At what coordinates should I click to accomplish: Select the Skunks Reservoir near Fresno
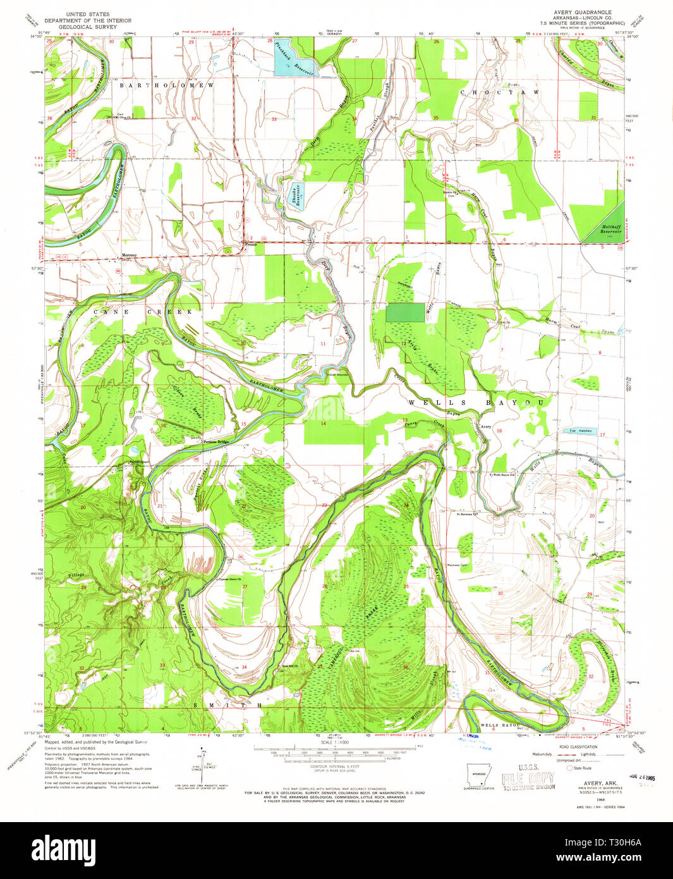click(x=294, y=195)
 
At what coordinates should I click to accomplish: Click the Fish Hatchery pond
click(x=578, y=431)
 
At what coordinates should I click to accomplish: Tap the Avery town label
click(x=485, y=427)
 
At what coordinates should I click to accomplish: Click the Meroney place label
click(x=130, y=255)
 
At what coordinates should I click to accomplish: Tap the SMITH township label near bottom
click(x=227, y=704)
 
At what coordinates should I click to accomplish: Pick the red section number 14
click(x=324, y=423)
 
